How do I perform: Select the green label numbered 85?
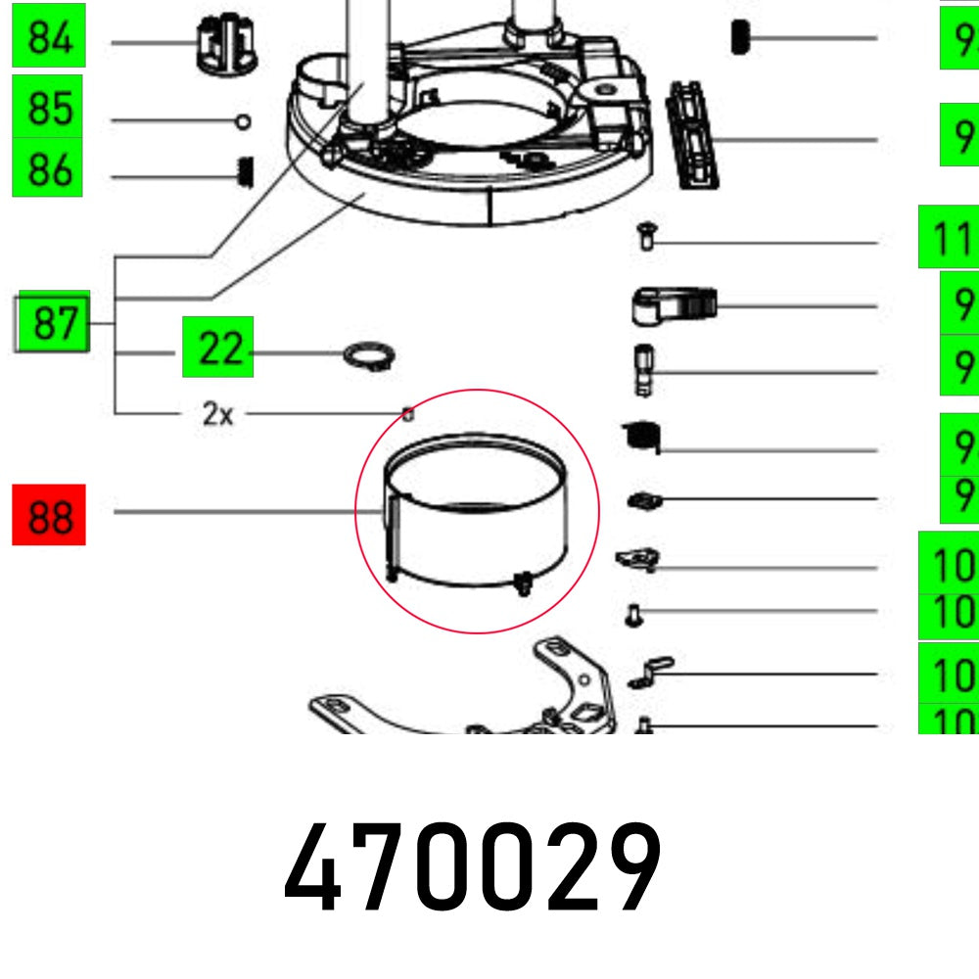(x=49, y=107)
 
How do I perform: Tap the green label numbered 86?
(x=49, y=167)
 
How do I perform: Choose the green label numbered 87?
(x=55, y=321)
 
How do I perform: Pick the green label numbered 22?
(x=217, y=347)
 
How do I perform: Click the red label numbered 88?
(x=49, y=514)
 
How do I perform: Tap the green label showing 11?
(x=948, y=236)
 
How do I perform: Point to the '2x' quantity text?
(x=217, y=414)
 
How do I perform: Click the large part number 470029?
(x=473, y=867)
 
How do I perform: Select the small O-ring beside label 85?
(x=243, y=121)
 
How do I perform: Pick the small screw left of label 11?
(x=645, y=236)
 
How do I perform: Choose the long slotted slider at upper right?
(x=693, y=135)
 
